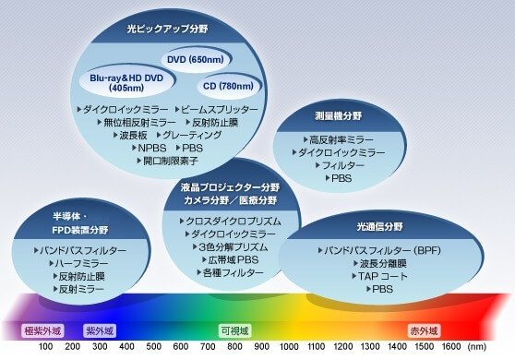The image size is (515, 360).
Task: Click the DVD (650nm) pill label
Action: click(195, 60)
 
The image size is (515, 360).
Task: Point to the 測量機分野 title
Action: click(341, 117)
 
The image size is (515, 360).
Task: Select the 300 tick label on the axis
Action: click(100, 347)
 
